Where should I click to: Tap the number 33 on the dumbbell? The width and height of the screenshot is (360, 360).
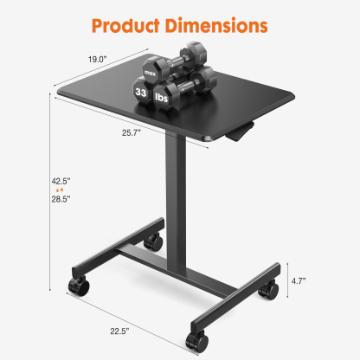coord(141,89)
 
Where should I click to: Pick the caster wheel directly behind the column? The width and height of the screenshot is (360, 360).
coord(155,241)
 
